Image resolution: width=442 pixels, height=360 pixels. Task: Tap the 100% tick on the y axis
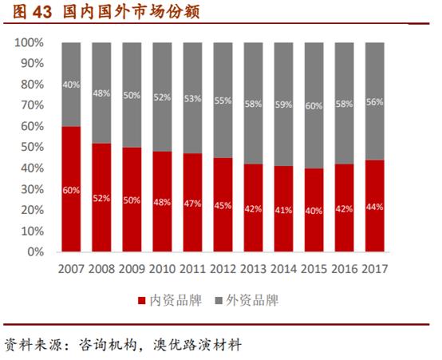coord(30,42)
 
